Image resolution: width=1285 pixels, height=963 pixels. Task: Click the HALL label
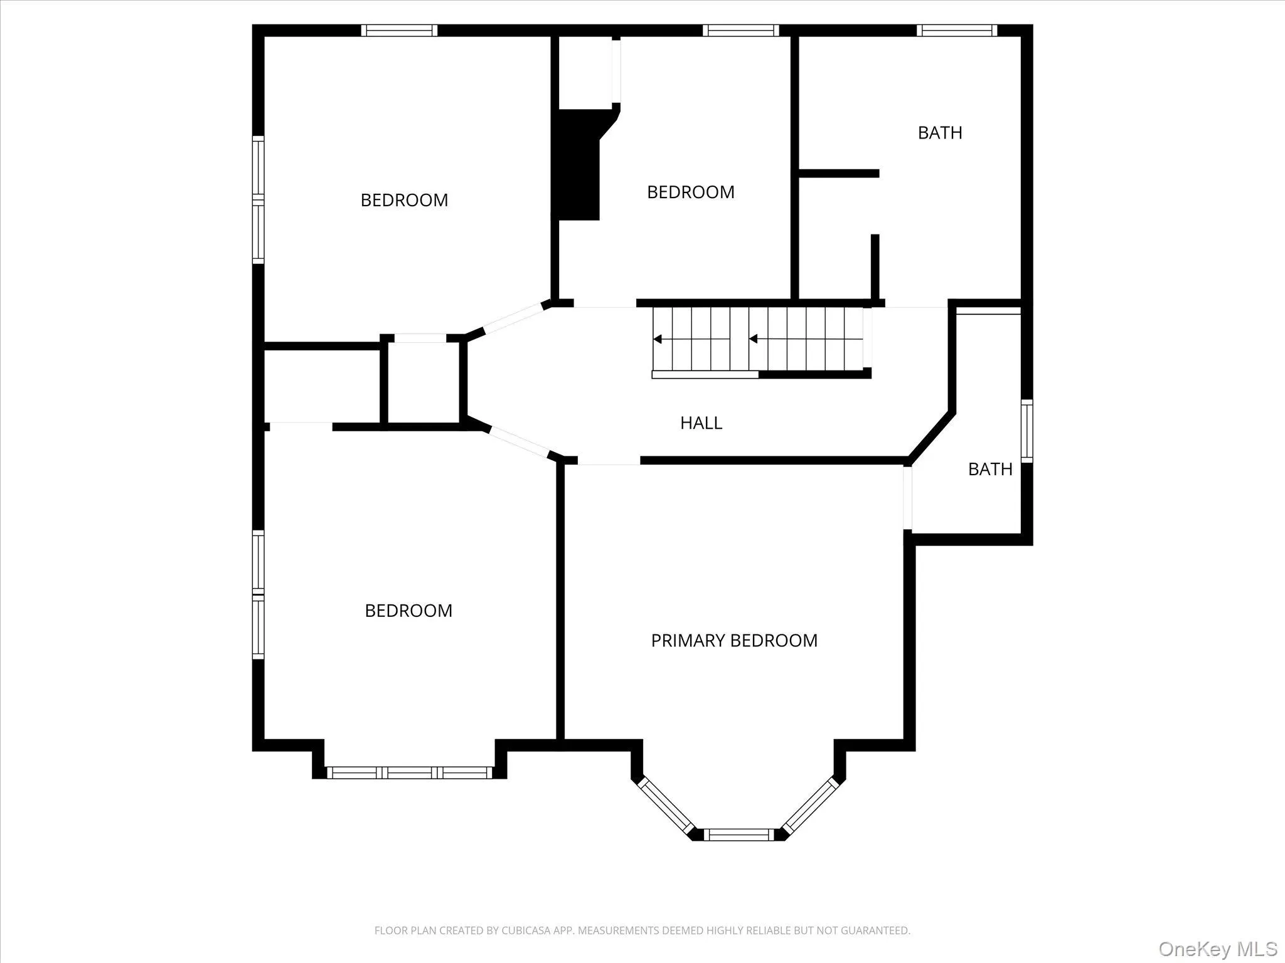pos(701,423)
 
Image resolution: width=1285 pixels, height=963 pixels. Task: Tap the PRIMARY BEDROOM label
pos(734,640)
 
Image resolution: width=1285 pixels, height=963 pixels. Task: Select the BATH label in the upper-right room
pos(939,133)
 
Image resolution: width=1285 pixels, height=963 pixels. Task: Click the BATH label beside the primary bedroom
pos(989,469)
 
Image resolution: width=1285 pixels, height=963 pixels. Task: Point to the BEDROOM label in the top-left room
pos(404,200)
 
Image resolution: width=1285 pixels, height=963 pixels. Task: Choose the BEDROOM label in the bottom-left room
pos(408,611)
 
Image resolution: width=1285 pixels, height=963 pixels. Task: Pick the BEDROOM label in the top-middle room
pos(690,192)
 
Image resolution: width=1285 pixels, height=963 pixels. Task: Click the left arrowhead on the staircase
pos(658,339)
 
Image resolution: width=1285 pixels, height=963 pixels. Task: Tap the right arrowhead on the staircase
pos(754,339)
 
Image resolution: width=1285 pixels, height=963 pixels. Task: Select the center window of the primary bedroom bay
pos(738,834)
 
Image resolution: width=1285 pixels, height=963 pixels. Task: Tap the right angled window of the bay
pos(811,806)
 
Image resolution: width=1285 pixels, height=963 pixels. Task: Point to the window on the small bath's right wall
pos(1026,431)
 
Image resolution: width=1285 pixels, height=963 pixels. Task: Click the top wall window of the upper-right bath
pos(956,30)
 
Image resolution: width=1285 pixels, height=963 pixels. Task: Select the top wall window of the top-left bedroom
pos(399,30)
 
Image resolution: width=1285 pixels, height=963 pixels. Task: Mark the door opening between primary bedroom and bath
pos(907,498)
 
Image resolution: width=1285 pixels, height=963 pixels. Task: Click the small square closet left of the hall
pos(424,383)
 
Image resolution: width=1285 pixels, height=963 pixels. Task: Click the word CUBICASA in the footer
pos(524,930)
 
